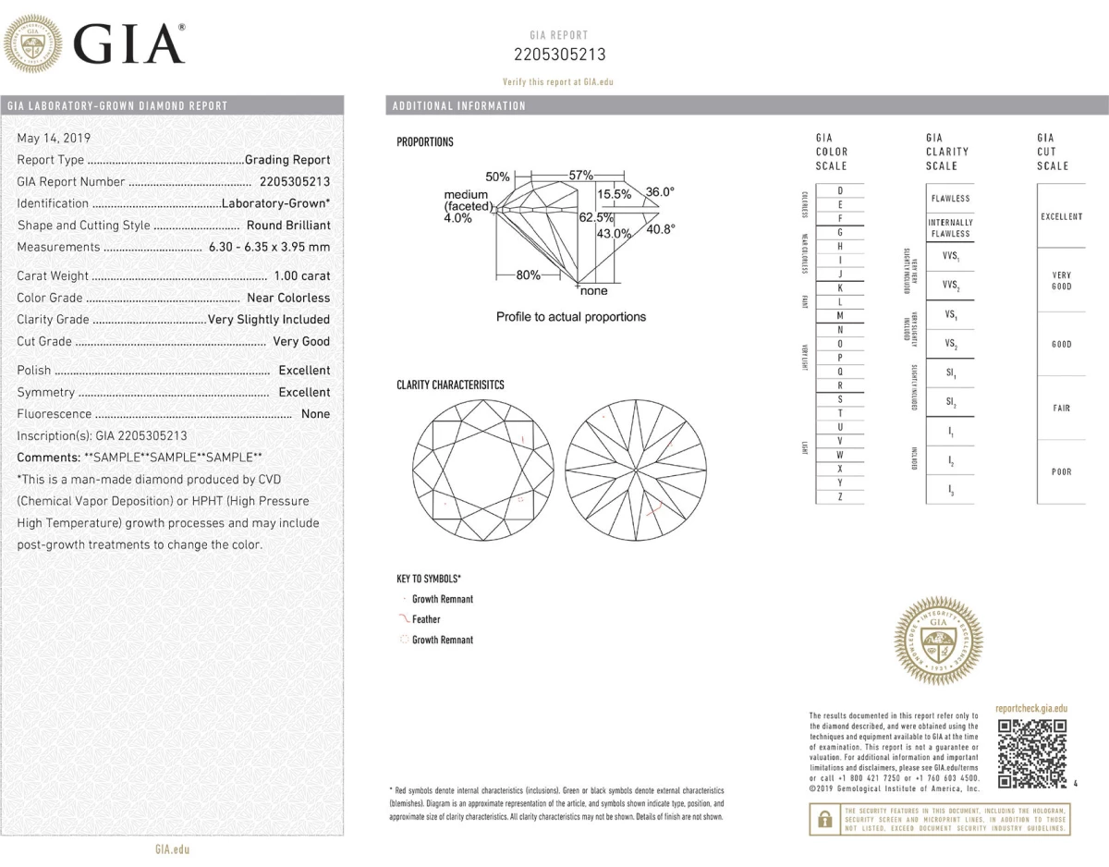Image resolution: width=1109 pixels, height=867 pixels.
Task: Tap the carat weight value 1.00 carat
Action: [x=301, y=275]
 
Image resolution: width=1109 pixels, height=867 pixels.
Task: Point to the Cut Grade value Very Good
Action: [x=301, y=341]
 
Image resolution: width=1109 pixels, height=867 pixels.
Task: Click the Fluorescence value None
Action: [x=315, y=414]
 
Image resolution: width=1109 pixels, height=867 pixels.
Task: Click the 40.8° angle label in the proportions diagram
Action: [x=660, y=229]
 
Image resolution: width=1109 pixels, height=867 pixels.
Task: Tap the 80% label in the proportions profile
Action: [x=528, y=275]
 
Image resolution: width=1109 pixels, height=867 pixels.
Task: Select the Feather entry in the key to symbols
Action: [x=426, y=619]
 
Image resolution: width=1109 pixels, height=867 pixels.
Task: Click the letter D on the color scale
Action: [x=839, y=190]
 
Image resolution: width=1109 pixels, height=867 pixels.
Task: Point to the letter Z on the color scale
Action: [x=839, y=497]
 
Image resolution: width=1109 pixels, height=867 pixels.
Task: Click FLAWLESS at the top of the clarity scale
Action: [x=950, y=199]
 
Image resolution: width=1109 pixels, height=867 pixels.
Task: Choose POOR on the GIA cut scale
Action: [x=1061, y=471]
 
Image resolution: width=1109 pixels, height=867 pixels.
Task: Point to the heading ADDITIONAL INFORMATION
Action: [x=459, y=105]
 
